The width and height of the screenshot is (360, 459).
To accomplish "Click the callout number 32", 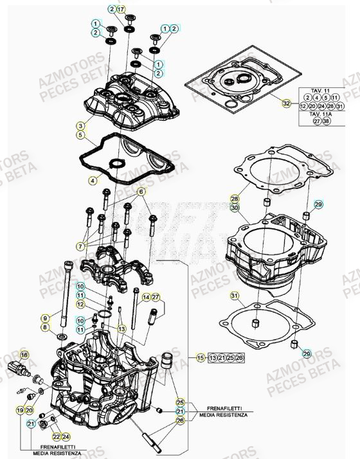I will [x=286, y=102].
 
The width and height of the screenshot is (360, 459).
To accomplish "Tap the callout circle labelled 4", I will [x=93, y=181].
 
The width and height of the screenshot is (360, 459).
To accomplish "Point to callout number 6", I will [x=140, y=191].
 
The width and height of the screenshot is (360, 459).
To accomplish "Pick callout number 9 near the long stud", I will [x=45, y=318].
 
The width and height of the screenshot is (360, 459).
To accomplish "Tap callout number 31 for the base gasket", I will [x=235, y=295].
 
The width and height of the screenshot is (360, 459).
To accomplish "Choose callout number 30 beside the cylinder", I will [x=235, y=208].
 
